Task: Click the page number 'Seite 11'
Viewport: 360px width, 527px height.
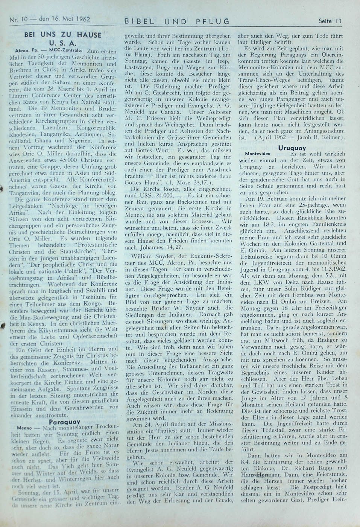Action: point(330,21)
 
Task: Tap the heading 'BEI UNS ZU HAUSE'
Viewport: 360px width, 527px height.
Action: point(63,35)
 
